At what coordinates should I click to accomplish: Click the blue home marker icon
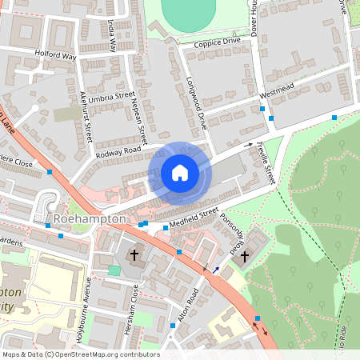[180, 173]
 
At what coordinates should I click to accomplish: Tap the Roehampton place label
[90, 218]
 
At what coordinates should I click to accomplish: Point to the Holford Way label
[54, 56]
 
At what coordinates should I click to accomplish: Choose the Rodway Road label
[118, 150]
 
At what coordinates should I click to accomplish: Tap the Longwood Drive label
[197, 102]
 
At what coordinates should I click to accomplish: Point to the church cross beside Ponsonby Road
[245, 257]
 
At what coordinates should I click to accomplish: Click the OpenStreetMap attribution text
[80, 354]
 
